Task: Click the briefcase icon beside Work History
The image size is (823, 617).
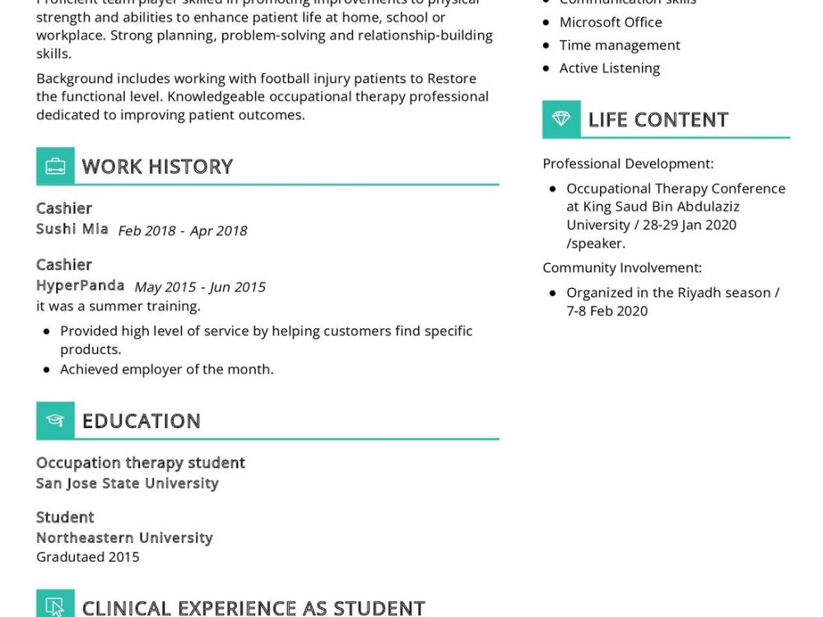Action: click(x=55, y=166)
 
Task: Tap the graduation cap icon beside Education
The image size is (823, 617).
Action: click(x=55, y=420)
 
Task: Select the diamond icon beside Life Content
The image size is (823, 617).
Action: click(x=561, y=119)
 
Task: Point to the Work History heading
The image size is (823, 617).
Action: click(x=157, y=166)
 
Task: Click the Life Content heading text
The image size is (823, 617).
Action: click(x=658, y=119)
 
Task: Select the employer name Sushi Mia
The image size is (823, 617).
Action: click(x=72, y=229)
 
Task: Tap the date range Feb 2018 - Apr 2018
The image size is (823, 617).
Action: click(x=183, y=230)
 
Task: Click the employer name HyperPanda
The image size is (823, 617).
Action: click(x=81, y=285)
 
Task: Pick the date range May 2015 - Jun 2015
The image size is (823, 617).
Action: click(x=200, y=287)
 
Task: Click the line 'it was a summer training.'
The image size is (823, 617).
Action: click(x=119, y=306)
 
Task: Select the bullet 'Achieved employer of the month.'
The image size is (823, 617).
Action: click(x=166, y=369)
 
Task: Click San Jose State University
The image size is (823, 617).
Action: click(x=128, y=483)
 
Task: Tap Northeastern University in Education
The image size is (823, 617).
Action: click(x=124, y=537)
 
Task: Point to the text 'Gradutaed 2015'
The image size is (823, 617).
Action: click(x=88, y=557)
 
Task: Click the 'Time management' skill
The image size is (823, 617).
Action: click(x=620, y=45)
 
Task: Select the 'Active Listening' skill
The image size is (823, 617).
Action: click(x=609, y=68)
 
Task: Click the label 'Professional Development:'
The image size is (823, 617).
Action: click(x=628, y=164)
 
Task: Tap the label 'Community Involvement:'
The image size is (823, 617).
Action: click(x=622, y=267)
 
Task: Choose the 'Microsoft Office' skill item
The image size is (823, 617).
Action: click(x=611, y=22)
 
